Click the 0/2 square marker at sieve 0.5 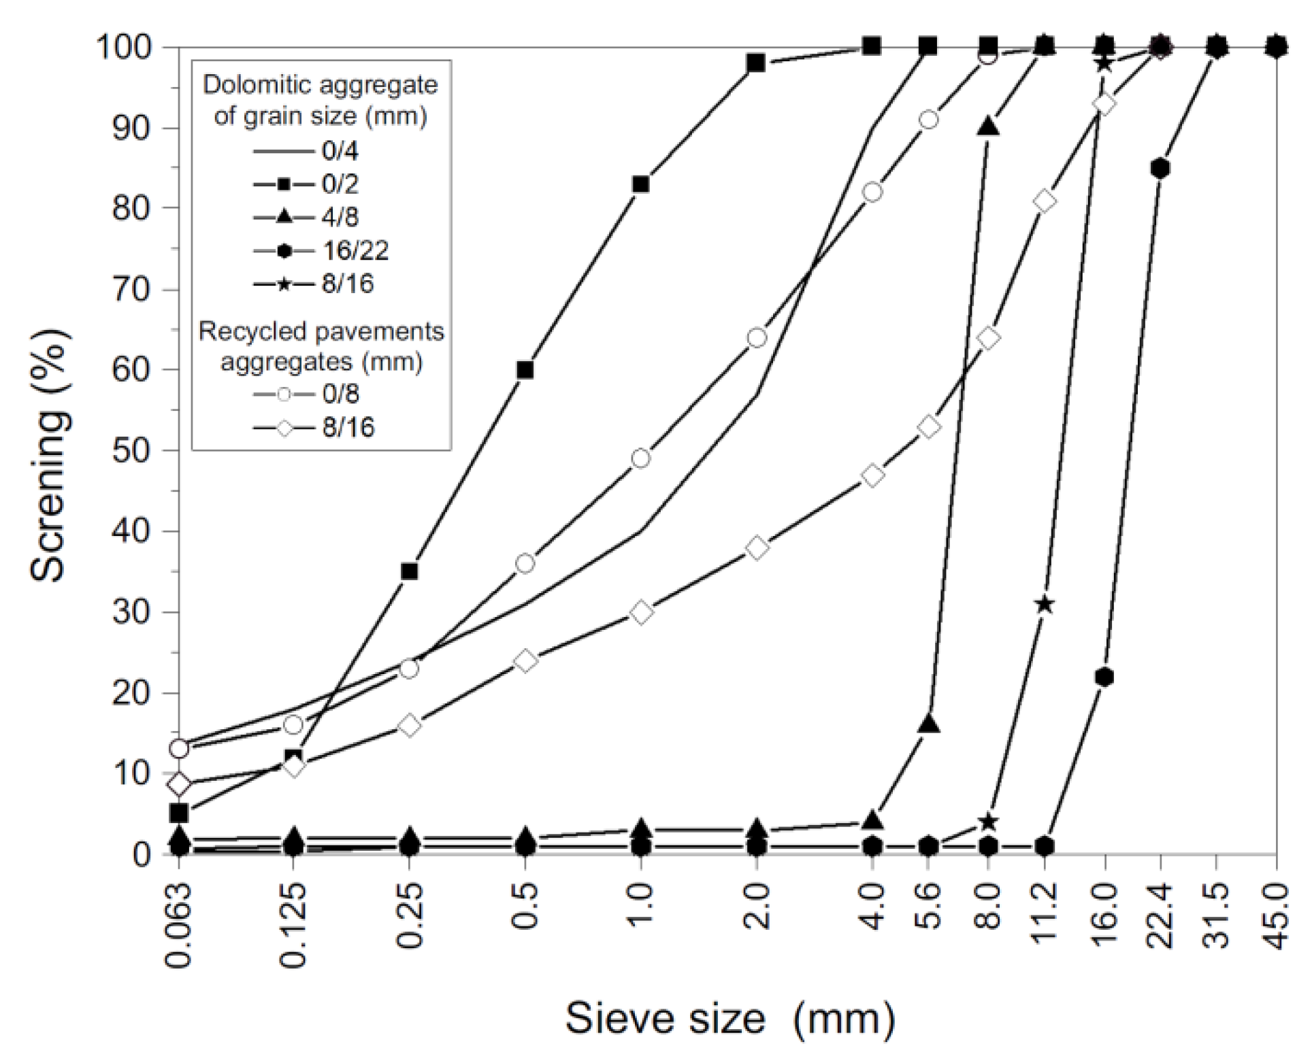click(x=525, y=370)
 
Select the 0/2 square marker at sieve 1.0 click(x=640, y=184)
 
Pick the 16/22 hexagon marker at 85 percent click(x=1161, y=168)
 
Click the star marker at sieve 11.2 click(x=1045, y=605)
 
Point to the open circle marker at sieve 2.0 click(x=757, y=338)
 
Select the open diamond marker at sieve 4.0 click(x=872, y=475)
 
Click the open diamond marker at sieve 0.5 click(x=525, y=660)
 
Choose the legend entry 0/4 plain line click(x=306, y=151)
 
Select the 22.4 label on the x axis click(x=1161, y=915)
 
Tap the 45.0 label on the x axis click(x=1277, y=915)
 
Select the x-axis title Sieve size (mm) click(x=728, y=1018)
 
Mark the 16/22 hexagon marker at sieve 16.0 click(x=1104, y=677)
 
